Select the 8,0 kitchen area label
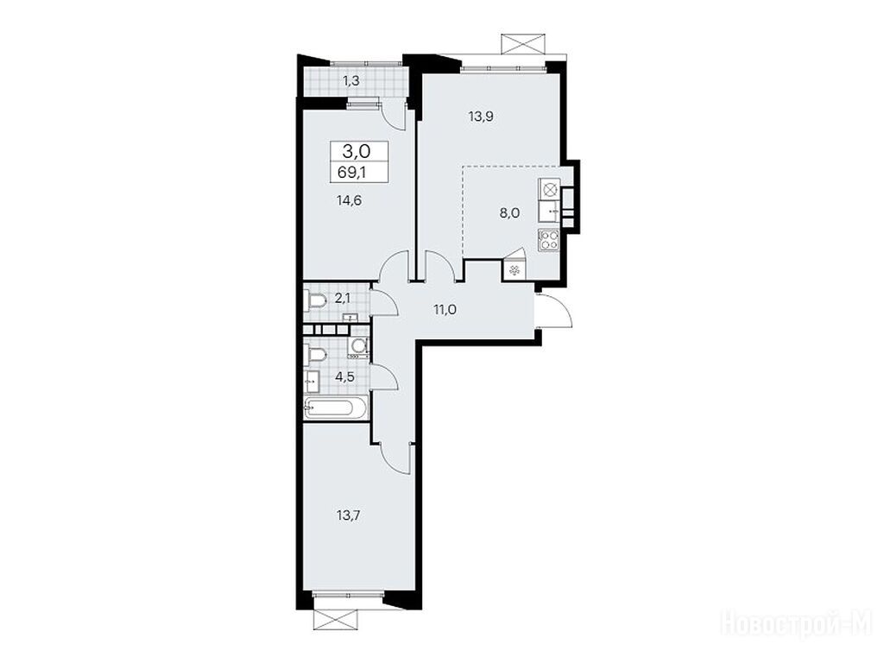pyautogui.click(x=509, y=213)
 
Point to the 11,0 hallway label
pyautogui.click(x=445, y=308)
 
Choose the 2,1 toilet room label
pyautogui.click(x=342, y=298)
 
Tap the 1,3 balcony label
pyautogui.click(x=351, y=80)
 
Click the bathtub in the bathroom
pyautogui.click(x=336, y=407)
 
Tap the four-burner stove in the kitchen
pyautogui.click(x=549, y=241)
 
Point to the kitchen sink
pyautogui.click(x=549, y=212)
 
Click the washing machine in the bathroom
pyautogui.click(x=358, y=349)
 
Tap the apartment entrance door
pyautogui.click(x=555, y=310)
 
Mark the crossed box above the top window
pyautogui.click(x=522, y=43)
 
